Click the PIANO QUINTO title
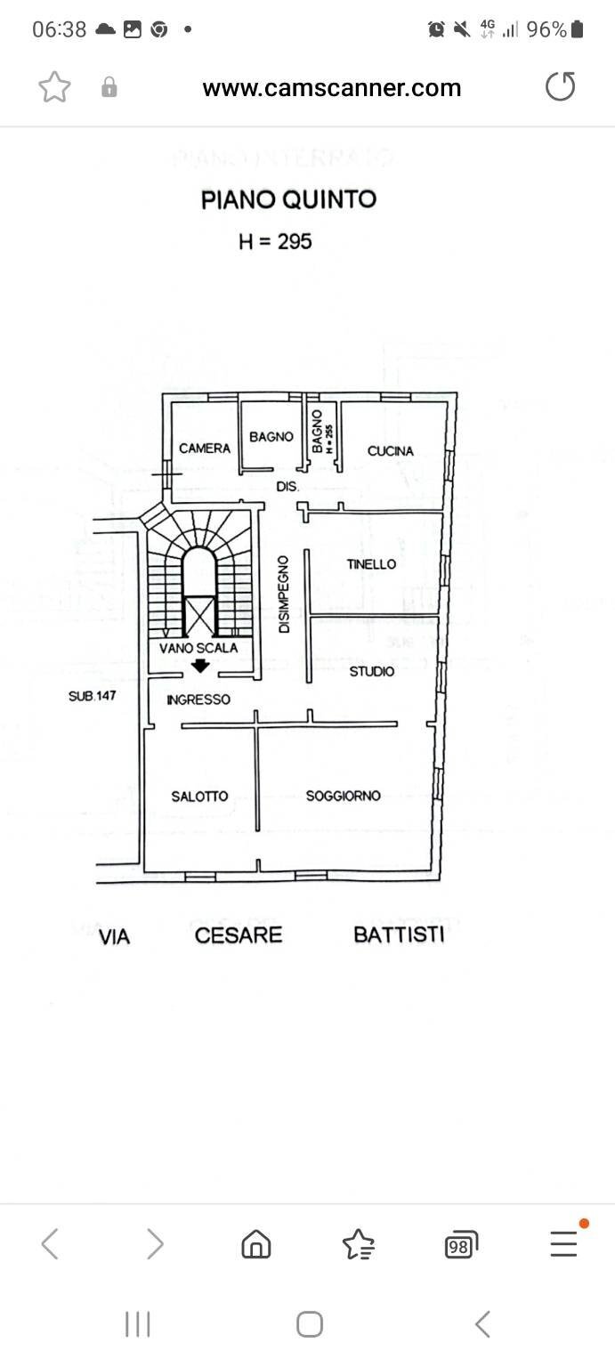click(288, 199)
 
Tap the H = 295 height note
click(275, 241)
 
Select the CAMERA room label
click(205, 449)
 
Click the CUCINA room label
click(391, 451)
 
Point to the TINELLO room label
click(371, 564)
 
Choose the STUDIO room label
click(371, 671)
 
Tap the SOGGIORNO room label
click(343, 796)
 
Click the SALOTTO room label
click(199, 797)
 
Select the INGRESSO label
click(198, 700)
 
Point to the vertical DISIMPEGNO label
click(284, 595)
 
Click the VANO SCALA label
click(198, 648)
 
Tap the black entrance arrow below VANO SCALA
click(201, 666)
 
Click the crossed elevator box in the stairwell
click(199, 616)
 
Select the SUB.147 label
click(93, 696)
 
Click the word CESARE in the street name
click(239, 935)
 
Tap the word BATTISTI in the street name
click(399, 935)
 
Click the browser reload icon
click(560, 87)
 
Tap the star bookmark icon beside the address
click(54, 87)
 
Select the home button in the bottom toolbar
click(256, 1244)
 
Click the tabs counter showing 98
click(460, 1245)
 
